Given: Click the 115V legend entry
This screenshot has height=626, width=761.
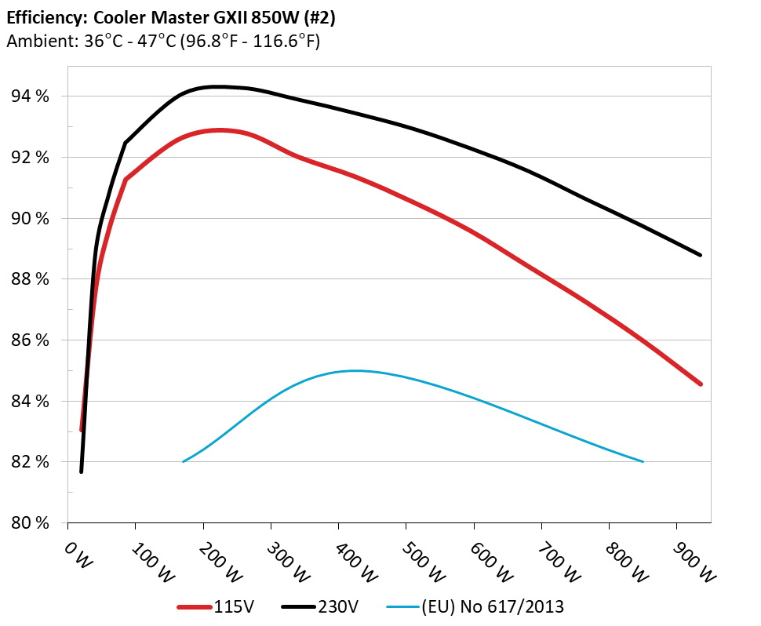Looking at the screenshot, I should [x=232, y=606].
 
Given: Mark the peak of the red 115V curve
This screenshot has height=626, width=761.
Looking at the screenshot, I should [x=219, y=130].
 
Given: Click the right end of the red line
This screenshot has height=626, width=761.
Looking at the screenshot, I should [x=701, y=384].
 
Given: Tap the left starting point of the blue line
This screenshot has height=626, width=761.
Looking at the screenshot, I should [x=183, y=461].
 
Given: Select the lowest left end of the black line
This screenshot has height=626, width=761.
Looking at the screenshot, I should [x=81, y=471].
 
